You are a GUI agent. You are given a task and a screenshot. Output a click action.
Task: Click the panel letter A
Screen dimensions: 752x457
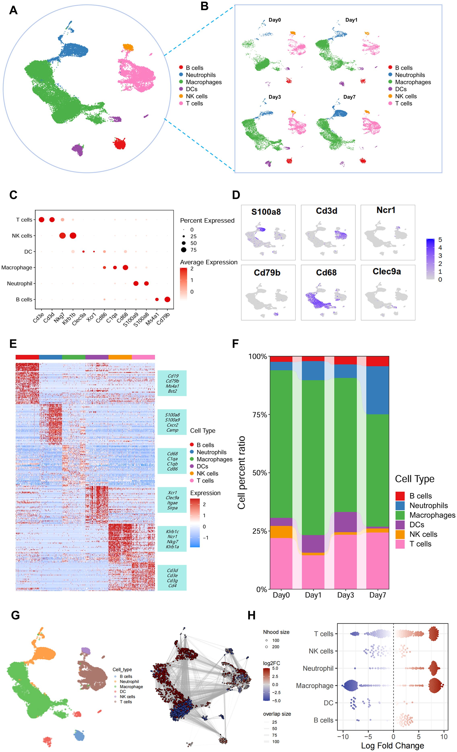click(x=13, y=10)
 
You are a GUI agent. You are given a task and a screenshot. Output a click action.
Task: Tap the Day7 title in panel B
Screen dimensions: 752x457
click(x=349, y=97)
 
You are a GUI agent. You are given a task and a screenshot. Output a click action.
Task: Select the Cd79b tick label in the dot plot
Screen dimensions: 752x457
click(x=163, y=319)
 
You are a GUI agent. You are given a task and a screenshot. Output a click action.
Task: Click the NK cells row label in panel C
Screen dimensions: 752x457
click(x=22, y=236)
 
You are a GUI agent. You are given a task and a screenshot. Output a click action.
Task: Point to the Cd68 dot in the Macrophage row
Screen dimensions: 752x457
click(x=125, y=268)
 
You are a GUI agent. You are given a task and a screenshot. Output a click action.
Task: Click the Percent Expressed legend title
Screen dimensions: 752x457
click(x=207, y=220)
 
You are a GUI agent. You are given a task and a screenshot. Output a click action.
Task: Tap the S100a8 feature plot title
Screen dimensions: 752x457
click(x=266, y=212)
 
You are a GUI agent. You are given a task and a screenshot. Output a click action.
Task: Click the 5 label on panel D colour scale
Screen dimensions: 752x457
click(x=440, y=240)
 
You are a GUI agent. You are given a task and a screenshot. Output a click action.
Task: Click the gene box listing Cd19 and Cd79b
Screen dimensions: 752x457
click(x=172, y=383)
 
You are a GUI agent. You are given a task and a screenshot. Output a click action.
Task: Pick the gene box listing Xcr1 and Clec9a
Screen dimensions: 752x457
click(x=172, y=500)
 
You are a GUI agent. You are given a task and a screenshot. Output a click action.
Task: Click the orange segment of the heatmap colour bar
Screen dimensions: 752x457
click(x=120, y=357)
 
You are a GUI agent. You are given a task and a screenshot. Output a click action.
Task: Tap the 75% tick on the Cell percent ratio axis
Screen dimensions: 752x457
click(x=260, y=414)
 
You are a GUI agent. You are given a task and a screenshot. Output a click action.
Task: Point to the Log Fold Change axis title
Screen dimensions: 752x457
click(x=392, y=746)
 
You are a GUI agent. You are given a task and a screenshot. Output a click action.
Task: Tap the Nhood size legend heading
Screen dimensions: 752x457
click(x=276, y=632)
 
